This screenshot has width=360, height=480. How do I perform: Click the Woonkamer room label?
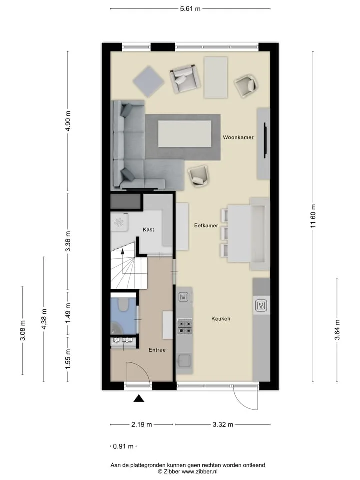[x=238, y=138]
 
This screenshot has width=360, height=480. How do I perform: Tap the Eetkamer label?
[x=206, y=225]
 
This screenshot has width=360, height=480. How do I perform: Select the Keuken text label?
[x=221, y=319]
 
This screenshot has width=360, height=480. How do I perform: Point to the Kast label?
[x=148, y=230]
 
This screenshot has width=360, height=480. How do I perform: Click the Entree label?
[x=157, y=350]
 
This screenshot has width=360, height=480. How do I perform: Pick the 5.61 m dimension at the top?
[x=190, y=9]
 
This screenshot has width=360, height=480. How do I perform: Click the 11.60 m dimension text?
[x=313, y=216]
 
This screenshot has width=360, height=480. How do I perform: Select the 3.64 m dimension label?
[x=337, y=330]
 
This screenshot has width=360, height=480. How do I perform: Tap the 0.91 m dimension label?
[x=123, y=446]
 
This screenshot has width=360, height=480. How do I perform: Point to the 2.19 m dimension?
[x=141, y=424]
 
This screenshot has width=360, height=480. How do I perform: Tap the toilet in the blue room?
[x=123, y=304]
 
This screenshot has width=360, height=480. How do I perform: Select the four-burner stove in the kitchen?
[x=185, y=326]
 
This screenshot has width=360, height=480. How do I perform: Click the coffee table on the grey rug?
[x=185, y=134]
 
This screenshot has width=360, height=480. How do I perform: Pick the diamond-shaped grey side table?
[x=149, y=81]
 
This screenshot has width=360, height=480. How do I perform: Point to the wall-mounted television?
[x=265, y=140]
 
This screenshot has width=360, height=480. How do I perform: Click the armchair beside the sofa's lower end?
[x=198, y=176]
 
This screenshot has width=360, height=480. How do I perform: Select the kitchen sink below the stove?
[x=184, y=360]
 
